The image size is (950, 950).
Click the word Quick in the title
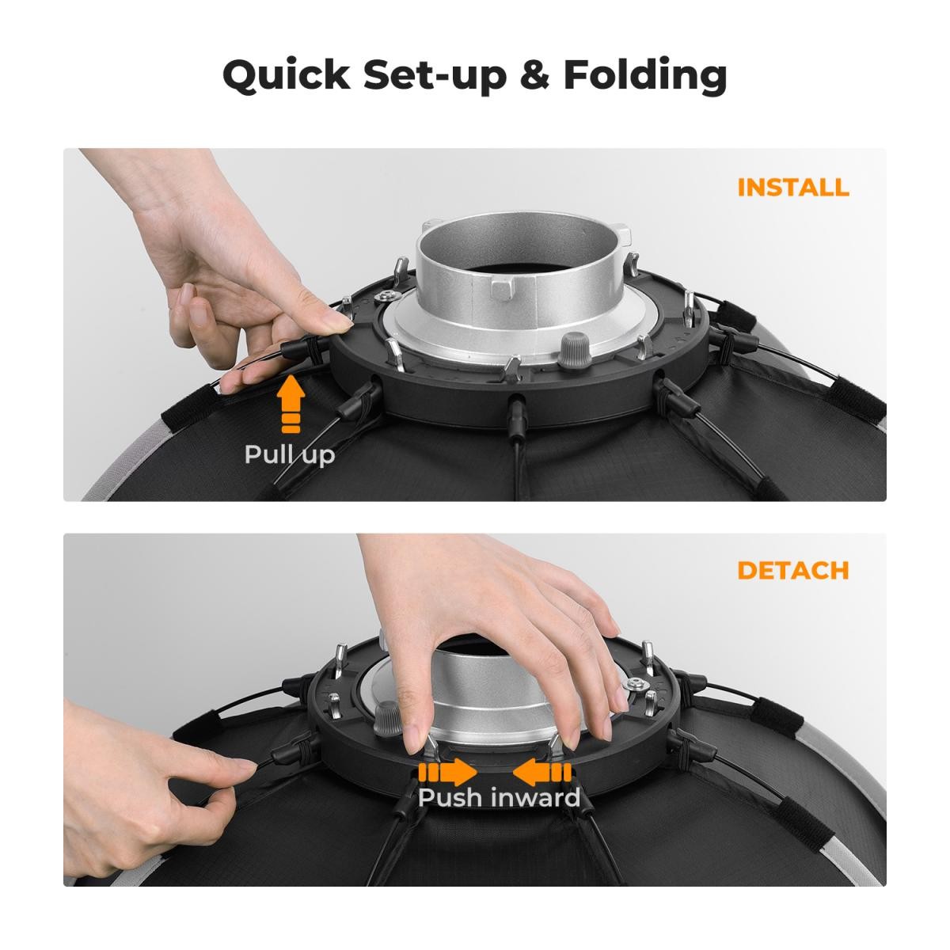[x=287, y=76]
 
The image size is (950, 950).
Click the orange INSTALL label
[x=793, y=188]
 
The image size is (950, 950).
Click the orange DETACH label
[x=793, y=570]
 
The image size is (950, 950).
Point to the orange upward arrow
[x=291, y=403]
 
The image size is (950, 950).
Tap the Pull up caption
[x=290, y=454]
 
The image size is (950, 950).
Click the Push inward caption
[x=499, y=797]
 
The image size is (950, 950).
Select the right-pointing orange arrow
[x=447, y=772]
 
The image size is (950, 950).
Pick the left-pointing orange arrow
[x=542, y=772]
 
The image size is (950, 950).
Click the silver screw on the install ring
[x=386, y=297]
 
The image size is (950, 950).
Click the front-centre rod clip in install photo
[x=515, y=416]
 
